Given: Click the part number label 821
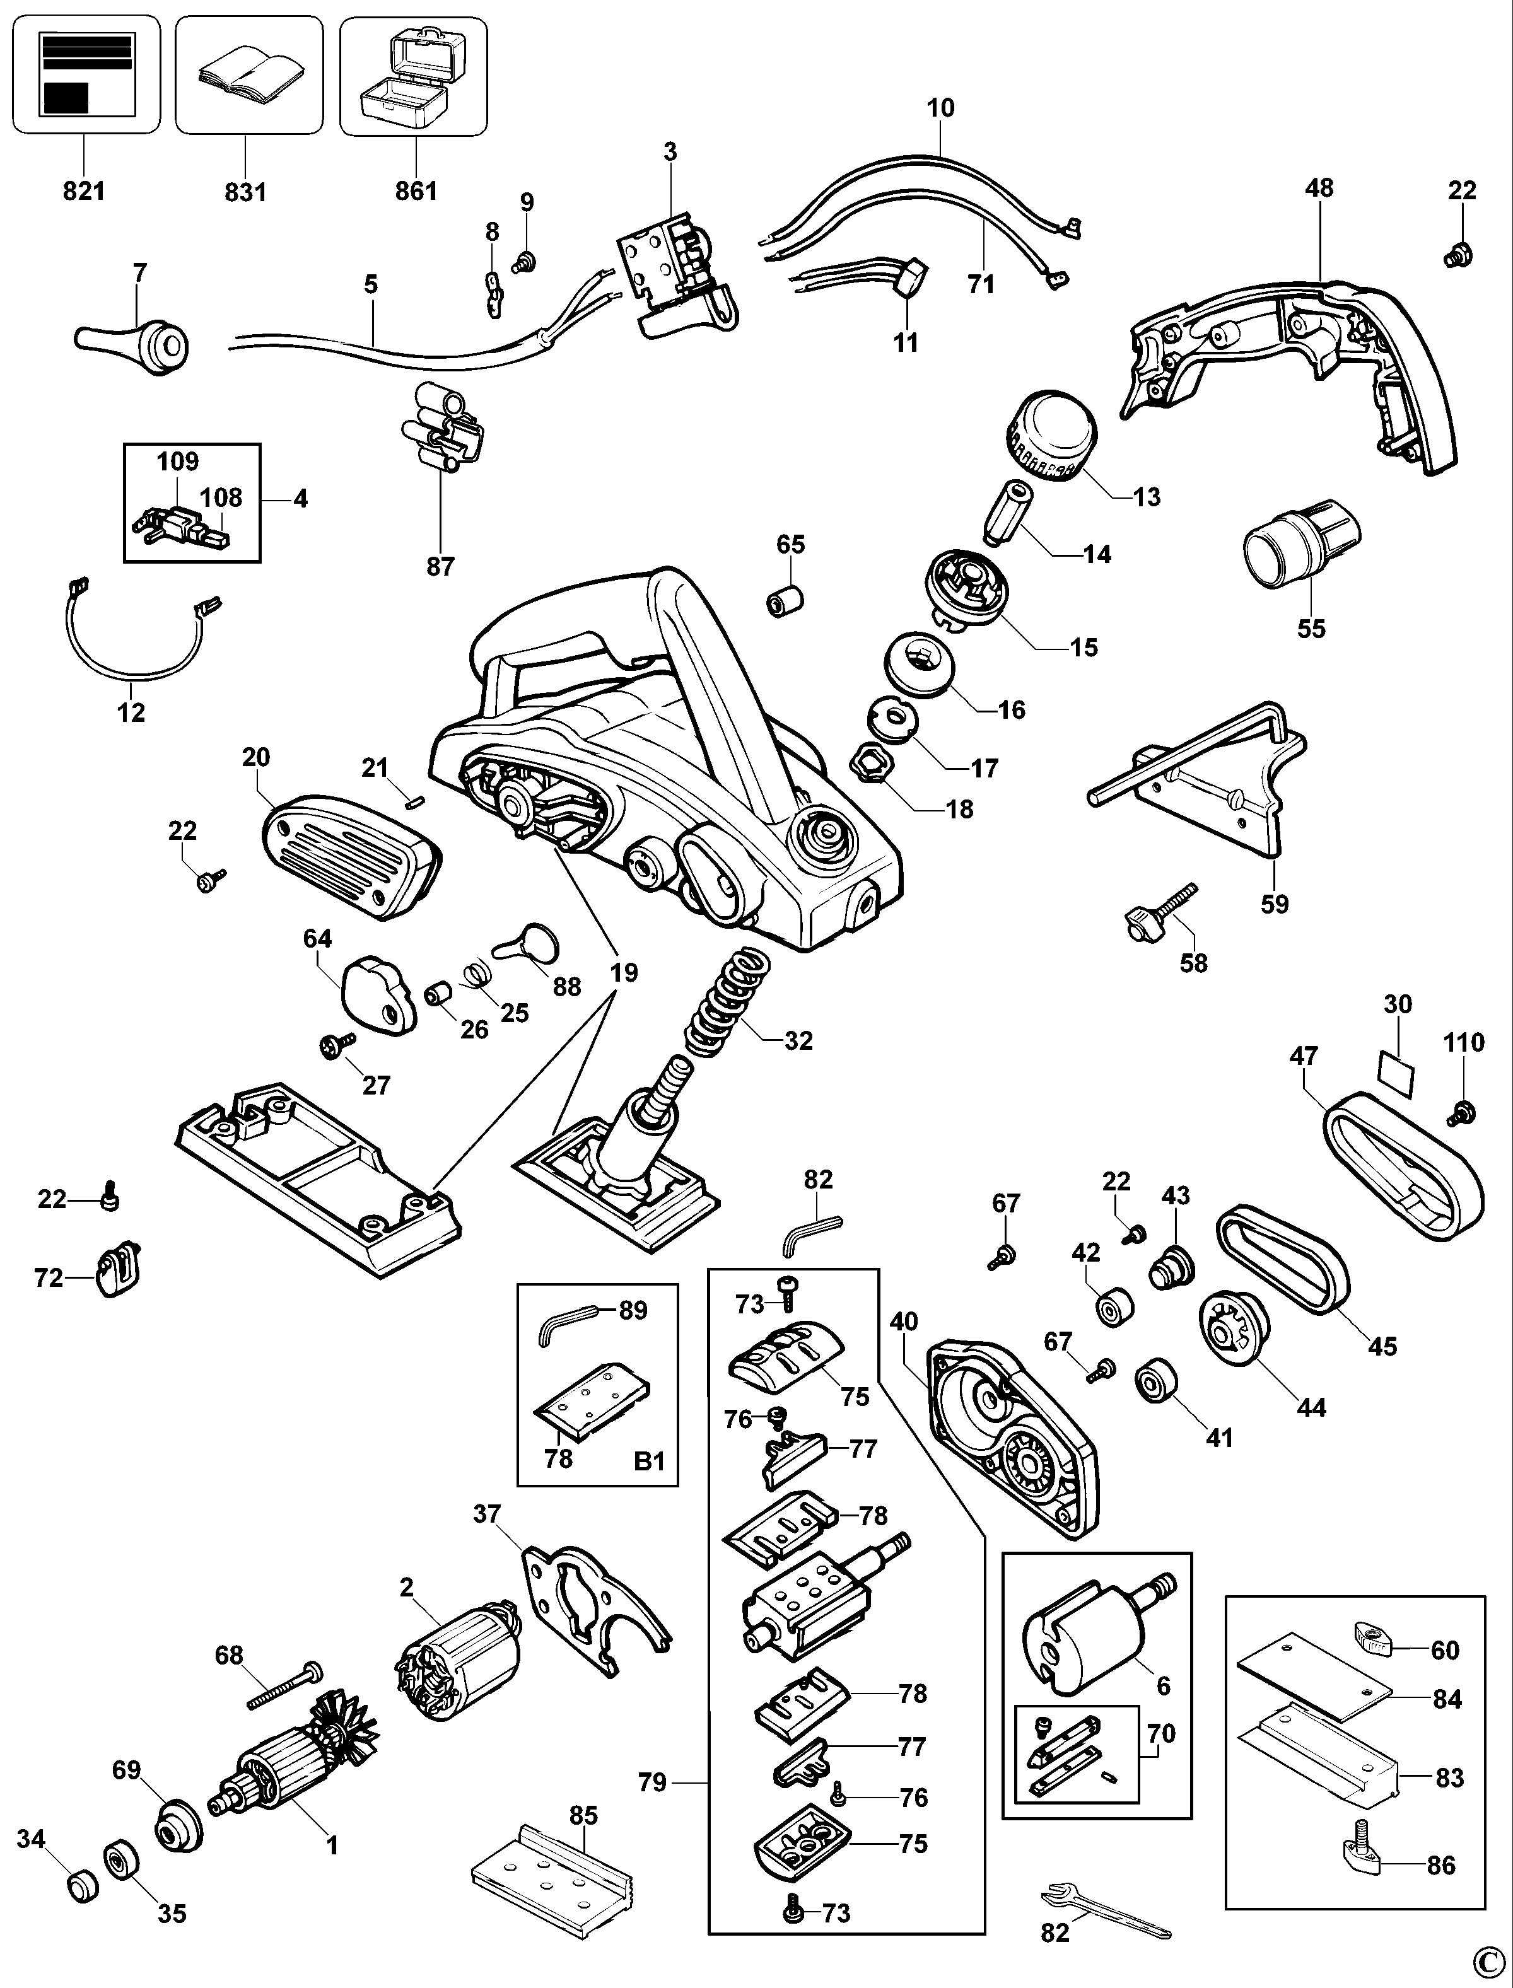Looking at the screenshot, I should (x=84, y=191).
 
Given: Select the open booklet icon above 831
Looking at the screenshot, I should (x=248, y=75).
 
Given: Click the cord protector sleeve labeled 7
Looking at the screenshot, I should (x=133, y=342).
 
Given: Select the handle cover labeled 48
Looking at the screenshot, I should (x=1297, y=369).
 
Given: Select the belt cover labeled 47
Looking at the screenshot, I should (x=1405, y=1161).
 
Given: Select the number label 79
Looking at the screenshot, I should (x=652, y=1782).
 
